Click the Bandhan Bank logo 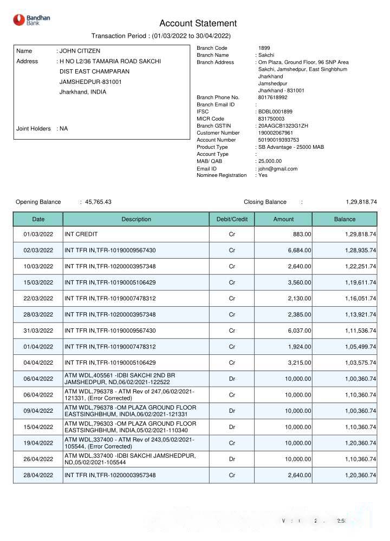pyautogui.click(x=31, y=20)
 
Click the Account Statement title pyautogui.click(x=198, y=23)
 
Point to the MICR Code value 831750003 pyautogui.click(x=271, y=118)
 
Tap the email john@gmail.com pyautogui.click(x=278, y=169)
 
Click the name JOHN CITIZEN pyautogui.click(x=80, y=51)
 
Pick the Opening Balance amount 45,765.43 pyautogui.click(x=98, y=202)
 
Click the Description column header pyautogui.click(x=136, y=219)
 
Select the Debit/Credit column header pyautogui.click(x=232, y=219)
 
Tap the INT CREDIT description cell pyautogui.click(x=81, y=234)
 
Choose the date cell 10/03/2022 pyautogui.click(x=38, y=266)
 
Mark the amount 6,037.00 pyautogui.click(x=298, y=330)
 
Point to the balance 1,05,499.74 pyautogui.click(x=355, y=346)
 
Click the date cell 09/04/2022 pyautogui.click(x=38, y=411)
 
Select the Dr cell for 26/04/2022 pyautogui.click(x=232, y=459)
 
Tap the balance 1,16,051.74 pyautogui.click(x=355, y=298)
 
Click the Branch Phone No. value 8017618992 pyautogui.click(x=273, y=97)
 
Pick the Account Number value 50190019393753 pyautogui.click(x=278, y=140)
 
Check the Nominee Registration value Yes pyautogui.click(x=263, y=175)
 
